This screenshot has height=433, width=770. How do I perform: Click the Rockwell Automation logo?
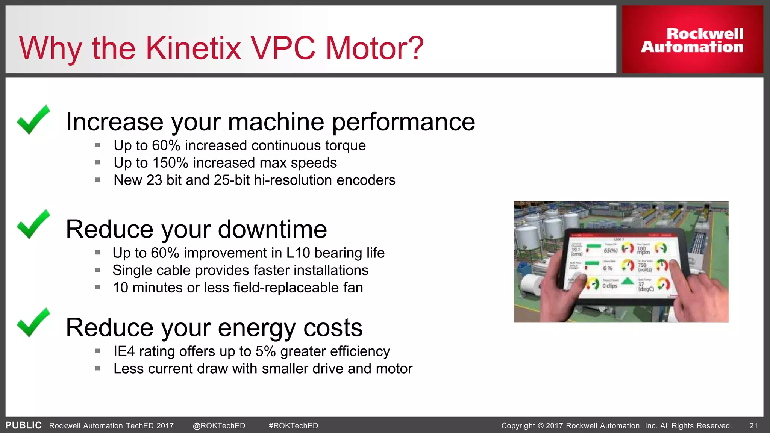click(692, 40)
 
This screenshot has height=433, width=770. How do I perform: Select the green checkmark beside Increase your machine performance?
click(33, 120)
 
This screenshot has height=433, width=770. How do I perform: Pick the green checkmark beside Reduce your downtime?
click(33, 224)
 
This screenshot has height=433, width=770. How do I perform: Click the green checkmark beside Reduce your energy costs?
click(33, 322)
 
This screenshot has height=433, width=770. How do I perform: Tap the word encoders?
click(366, 180)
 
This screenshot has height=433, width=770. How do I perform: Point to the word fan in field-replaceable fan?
click(353, 288)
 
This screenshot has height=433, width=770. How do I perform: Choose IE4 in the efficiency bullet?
click(124, 351)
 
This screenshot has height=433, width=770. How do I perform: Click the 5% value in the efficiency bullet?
click(265, 351)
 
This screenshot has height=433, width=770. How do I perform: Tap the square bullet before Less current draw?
click(98, 369)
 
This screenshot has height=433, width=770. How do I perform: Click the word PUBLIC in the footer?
click(23, 425)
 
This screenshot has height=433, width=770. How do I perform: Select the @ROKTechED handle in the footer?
click(219, 426)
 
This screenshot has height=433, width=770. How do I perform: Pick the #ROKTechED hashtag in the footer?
click(293, 426)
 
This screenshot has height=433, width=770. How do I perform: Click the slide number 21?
click(753, 426)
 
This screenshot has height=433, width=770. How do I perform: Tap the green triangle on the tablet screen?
click(628, 281)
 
